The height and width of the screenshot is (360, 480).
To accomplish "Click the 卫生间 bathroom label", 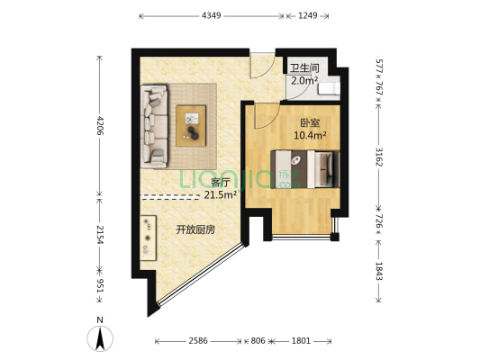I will (x=303, y=67).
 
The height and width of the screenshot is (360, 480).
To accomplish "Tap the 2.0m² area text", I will (x=303, y=80).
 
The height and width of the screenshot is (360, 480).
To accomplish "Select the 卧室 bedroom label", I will (x=309, y=122).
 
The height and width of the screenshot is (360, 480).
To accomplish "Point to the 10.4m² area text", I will (x=309, y=136).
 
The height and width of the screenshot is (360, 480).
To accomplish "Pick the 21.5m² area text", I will (x=220, y=194).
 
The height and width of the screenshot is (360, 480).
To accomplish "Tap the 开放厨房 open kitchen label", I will (x=195, y=229).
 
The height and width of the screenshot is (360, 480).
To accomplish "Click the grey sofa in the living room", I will (x=154, y=127).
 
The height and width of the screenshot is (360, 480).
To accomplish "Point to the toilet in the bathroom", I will (x=331, y=87).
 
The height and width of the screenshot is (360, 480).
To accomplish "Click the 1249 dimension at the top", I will (x=308, y=16).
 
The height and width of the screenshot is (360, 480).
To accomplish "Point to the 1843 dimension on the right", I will (x=379, y=269).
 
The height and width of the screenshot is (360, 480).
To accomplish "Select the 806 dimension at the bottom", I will (x=258, y=341).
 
